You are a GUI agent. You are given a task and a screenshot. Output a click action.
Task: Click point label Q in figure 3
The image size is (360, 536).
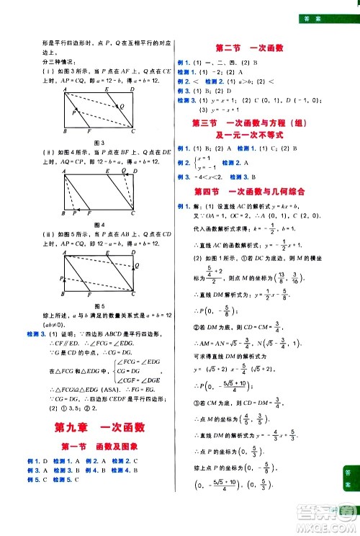[x=123, y=107]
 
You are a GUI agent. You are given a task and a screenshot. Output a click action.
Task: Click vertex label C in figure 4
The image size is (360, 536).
[x=134, y=215]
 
